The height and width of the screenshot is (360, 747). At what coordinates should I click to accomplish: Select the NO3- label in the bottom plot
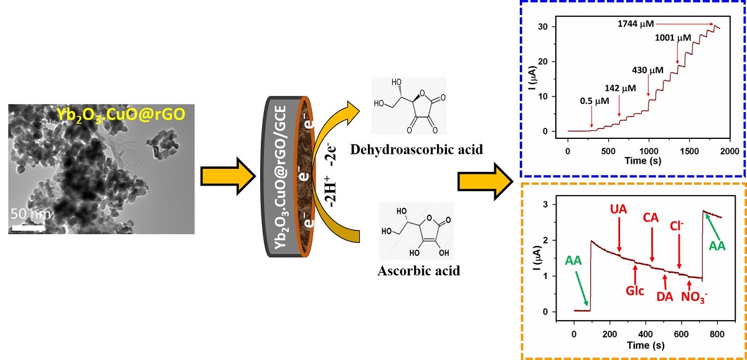click(x=695, y=296)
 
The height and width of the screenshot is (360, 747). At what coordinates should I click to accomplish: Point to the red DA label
click(x=665, y=296)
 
